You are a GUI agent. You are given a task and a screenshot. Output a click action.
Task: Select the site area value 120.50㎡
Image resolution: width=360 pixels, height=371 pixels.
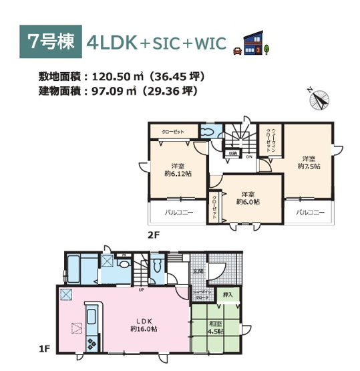click(x=110, y=76)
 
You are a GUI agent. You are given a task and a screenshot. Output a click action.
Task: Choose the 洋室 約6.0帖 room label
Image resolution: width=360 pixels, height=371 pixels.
click(x=248, y=197)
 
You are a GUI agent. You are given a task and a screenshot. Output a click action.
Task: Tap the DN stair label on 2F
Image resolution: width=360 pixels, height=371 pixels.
click(x=248, y=158)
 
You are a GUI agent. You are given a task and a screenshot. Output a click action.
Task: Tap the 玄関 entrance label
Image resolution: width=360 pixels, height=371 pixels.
click(x=198, y=272)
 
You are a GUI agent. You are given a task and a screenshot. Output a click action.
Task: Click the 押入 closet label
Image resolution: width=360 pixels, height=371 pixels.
click(x=228, y=294)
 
